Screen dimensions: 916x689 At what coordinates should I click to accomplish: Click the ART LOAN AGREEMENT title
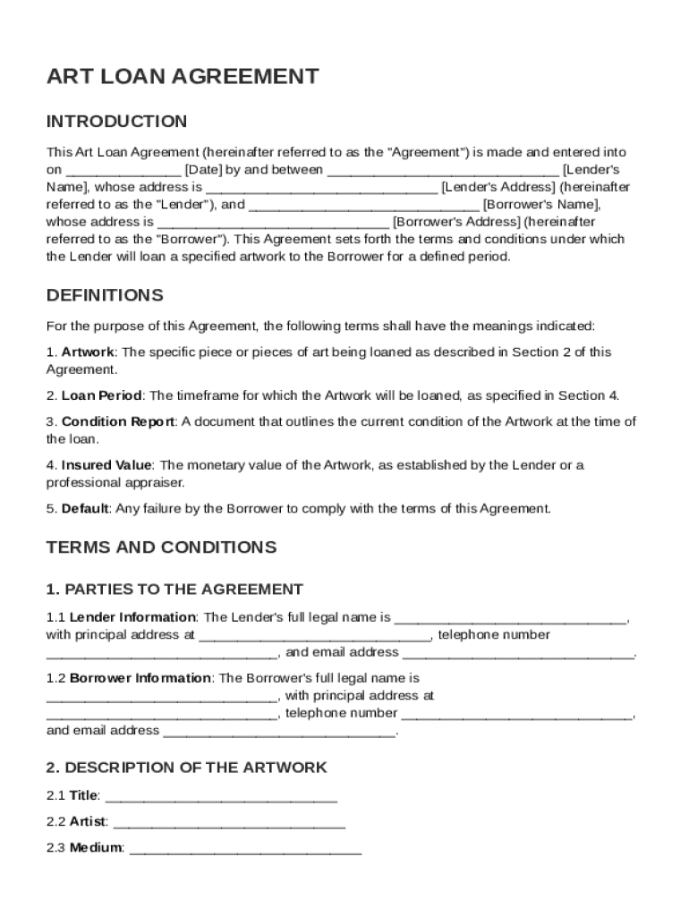pos(183,77)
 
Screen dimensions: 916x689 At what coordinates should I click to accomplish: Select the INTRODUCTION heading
pos(116,122)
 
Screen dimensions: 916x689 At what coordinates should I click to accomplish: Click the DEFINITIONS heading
pos(105,295)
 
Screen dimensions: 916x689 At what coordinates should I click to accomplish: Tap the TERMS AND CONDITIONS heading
pos(161,547)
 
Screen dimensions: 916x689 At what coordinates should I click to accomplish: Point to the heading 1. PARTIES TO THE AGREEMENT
pos(174,589)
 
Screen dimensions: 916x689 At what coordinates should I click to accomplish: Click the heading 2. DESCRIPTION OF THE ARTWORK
pos(186,768)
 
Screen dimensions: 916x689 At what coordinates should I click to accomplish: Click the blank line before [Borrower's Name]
pos(363,206)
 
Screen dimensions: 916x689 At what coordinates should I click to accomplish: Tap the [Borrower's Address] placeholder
pos(456,222)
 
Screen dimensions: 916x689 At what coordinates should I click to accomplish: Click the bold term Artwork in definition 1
pos(88,352)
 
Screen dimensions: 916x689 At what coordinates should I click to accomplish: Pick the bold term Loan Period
pos(101,395)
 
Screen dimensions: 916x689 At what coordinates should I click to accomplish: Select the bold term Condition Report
pos(118,421)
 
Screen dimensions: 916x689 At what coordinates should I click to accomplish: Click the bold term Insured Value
pos(106,465)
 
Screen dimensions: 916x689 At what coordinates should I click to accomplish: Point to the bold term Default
pos(85,509)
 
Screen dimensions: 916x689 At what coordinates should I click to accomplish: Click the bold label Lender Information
pos(132,617)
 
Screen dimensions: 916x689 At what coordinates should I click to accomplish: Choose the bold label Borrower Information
pos(140,678)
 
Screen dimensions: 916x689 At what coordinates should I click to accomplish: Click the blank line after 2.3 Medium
pos(245,850)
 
